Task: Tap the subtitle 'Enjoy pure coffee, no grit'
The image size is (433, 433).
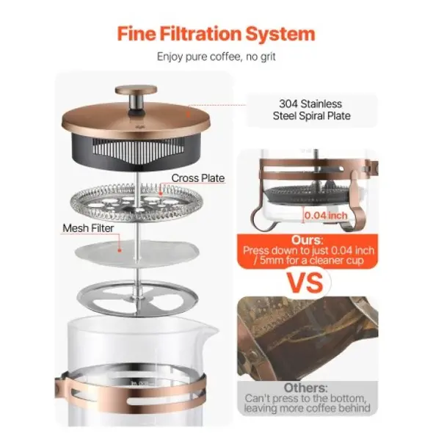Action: coord(216,57)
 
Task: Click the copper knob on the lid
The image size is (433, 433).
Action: coord(137,90)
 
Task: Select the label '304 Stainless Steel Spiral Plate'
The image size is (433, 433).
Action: coord(312,109)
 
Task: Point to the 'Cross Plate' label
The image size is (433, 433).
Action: coord(198,178)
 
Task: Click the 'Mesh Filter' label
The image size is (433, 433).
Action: coord(88,228)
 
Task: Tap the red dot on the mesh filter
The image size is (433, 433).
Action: coord(120,250)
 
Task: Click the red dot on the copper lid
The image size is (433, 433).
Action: coord(189,114)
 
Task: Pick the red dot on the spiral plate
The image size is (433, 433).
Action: coord(161,194)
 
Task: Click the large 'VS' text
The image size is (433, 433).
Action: coord(305,283)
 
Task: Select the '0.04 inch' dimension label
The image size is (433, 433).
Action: coord(326,215)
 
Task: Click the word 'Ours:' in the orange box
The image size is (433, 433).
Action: coord(307,240)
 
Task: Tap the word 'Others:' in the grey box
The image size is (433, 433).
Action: coord(306,387)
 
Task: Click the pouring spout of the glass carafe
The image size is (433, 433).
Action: coord(212,330)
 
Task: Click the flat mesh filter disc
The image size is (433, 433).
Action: coord(137,253)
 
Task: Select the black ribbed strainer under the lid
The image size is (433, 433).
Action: coord(136,152)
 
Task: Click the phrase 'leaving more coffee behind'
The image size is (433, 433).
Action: coord(307,408)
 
